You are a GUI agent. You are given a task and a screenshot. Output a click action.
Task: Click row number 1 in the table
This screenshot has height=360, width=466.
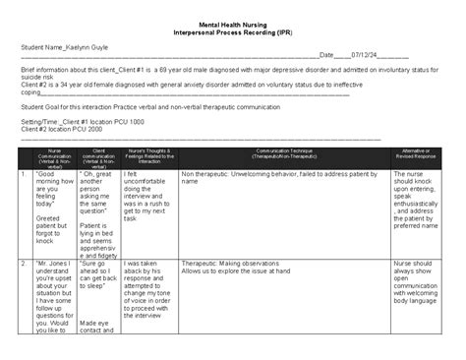[23, 172]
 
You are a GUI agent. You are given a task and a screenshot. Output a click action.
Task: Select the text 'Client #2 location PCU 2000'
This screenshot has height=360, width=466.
[64, 129]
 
